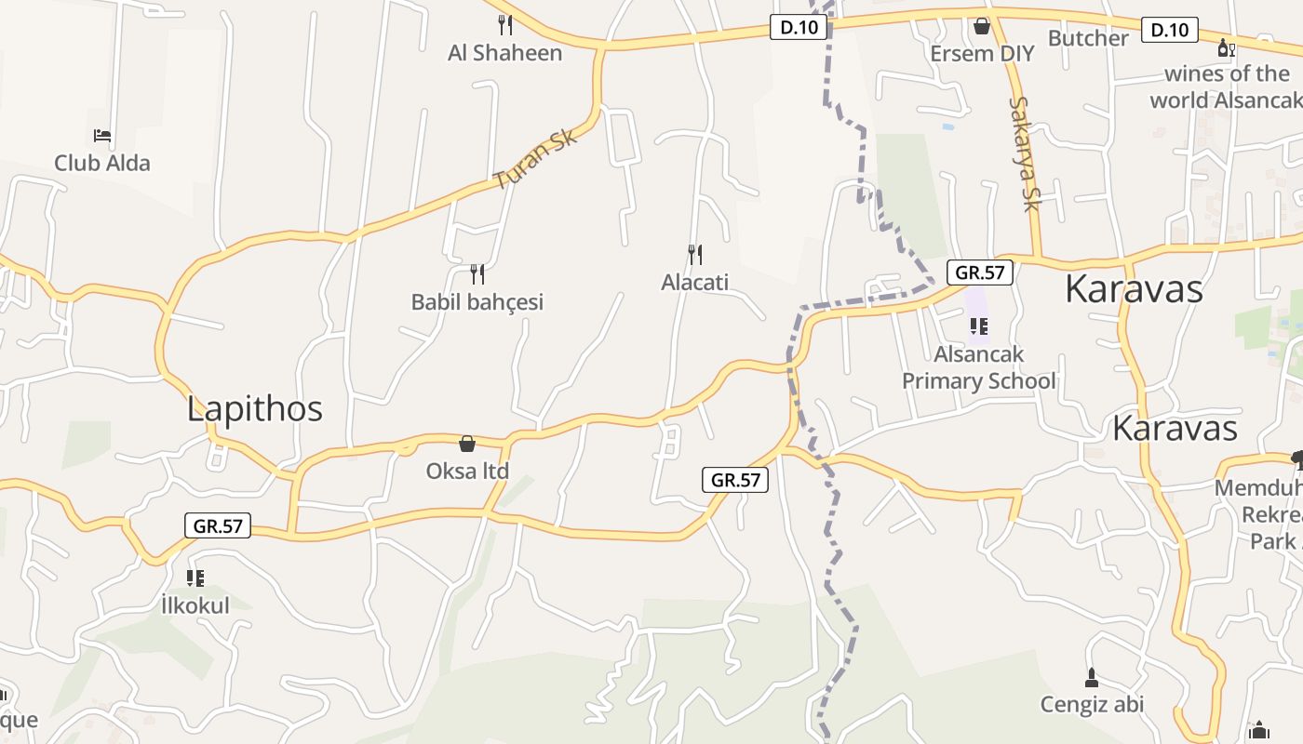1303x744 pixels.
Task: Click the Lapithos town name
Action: click(254, 409)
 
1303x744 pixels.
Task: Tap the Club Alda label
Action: click(102, 163)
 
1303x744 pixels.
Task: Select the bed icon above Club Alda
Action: click(102, 136)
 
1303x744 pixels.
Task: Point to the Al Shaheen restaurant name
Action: click(505, 53)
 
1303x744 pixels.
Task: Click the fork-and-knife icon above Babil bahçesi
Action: click(477, 273)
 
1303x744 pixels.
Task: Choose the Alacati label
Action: click(695, 282)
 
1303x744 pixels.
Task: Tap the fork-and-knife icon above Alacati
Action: click(695, 254)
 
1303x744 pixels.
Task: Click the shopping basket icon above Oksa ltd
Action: click(467, 444)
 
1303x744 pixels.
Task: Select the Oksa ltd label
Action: click(467, 472)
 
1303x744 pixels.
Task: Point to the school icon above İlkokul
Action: click(195, 578)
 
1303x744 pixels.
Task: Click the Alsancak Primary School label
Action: click(979, 367)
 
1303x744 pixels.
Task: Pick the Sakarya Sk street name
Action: click(1024, 153)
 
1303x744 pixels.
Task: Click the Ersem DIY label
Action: click(982, 54)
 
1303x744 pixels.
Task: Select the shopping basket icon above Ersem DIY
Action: click(982, 26)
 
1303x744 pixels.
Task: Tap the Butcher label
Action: click(1088, 38)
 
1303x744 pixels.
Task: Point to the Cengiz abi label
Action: click(1092, 704)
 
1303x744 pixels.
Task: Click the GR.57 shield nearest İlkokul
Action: click(218, 525)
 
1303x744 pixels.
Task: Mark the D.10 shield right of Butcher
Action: click(1170, 30)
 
